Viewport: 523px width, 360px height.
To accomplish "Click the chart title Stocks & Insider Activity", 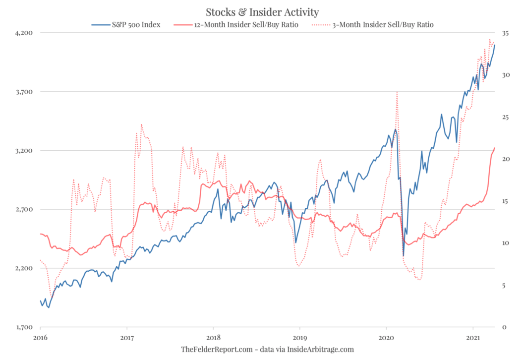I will click(x=262, y=12).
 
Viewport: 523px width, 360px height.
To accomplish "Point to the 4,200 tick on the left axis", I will click(x=23, y=33).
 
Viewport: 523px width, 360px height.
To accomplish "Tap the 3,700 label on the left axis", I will click(x=23, y=92).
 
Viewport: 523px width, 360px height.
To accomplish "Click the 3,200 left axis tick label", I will click(x=23, y=151).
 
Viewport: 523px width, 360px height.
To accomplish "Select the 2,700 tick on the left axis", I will click(x=23, y=209).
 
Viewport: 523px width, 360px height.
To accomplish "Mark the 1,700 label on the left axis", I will click(x=23, y=327).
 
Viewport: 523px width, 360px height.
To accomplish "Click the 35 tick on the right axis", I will click(x=505, y=33).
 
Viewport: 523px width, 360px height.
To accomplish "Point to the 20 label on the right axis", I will click(x=505, y=159).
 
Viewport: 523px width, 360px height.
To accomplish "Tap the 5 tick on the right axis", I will click(x=503, y=285).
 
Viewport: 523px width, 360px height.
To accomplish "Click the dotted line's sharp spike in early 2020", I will click(x=397, y=92).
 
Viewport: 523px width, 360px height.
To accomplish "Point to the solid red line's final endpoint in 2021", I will click(x=495, y=148).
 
